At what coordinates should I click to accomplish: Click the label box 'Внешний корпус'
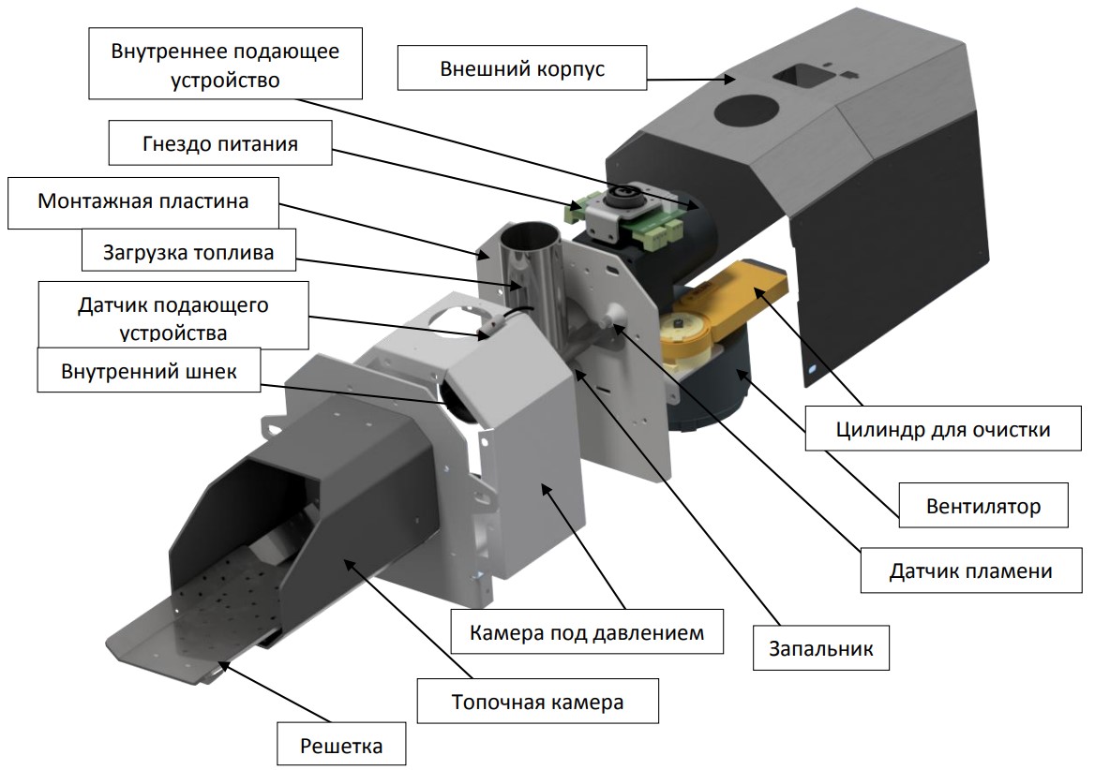click(x=521, y=68)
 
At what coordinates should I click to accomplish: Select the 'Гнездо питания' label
click(x=220, y=144)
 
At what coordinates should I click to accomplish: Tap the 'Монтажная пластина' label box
click(x=143, y=201)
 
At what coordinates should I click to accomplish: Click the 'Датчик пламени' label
click(x=970, y=570)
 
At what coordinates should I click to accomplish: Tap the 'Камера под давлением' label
click(x=588, y=632)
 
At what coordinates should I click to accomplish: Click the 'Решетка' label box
click(x=342, y=747)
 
